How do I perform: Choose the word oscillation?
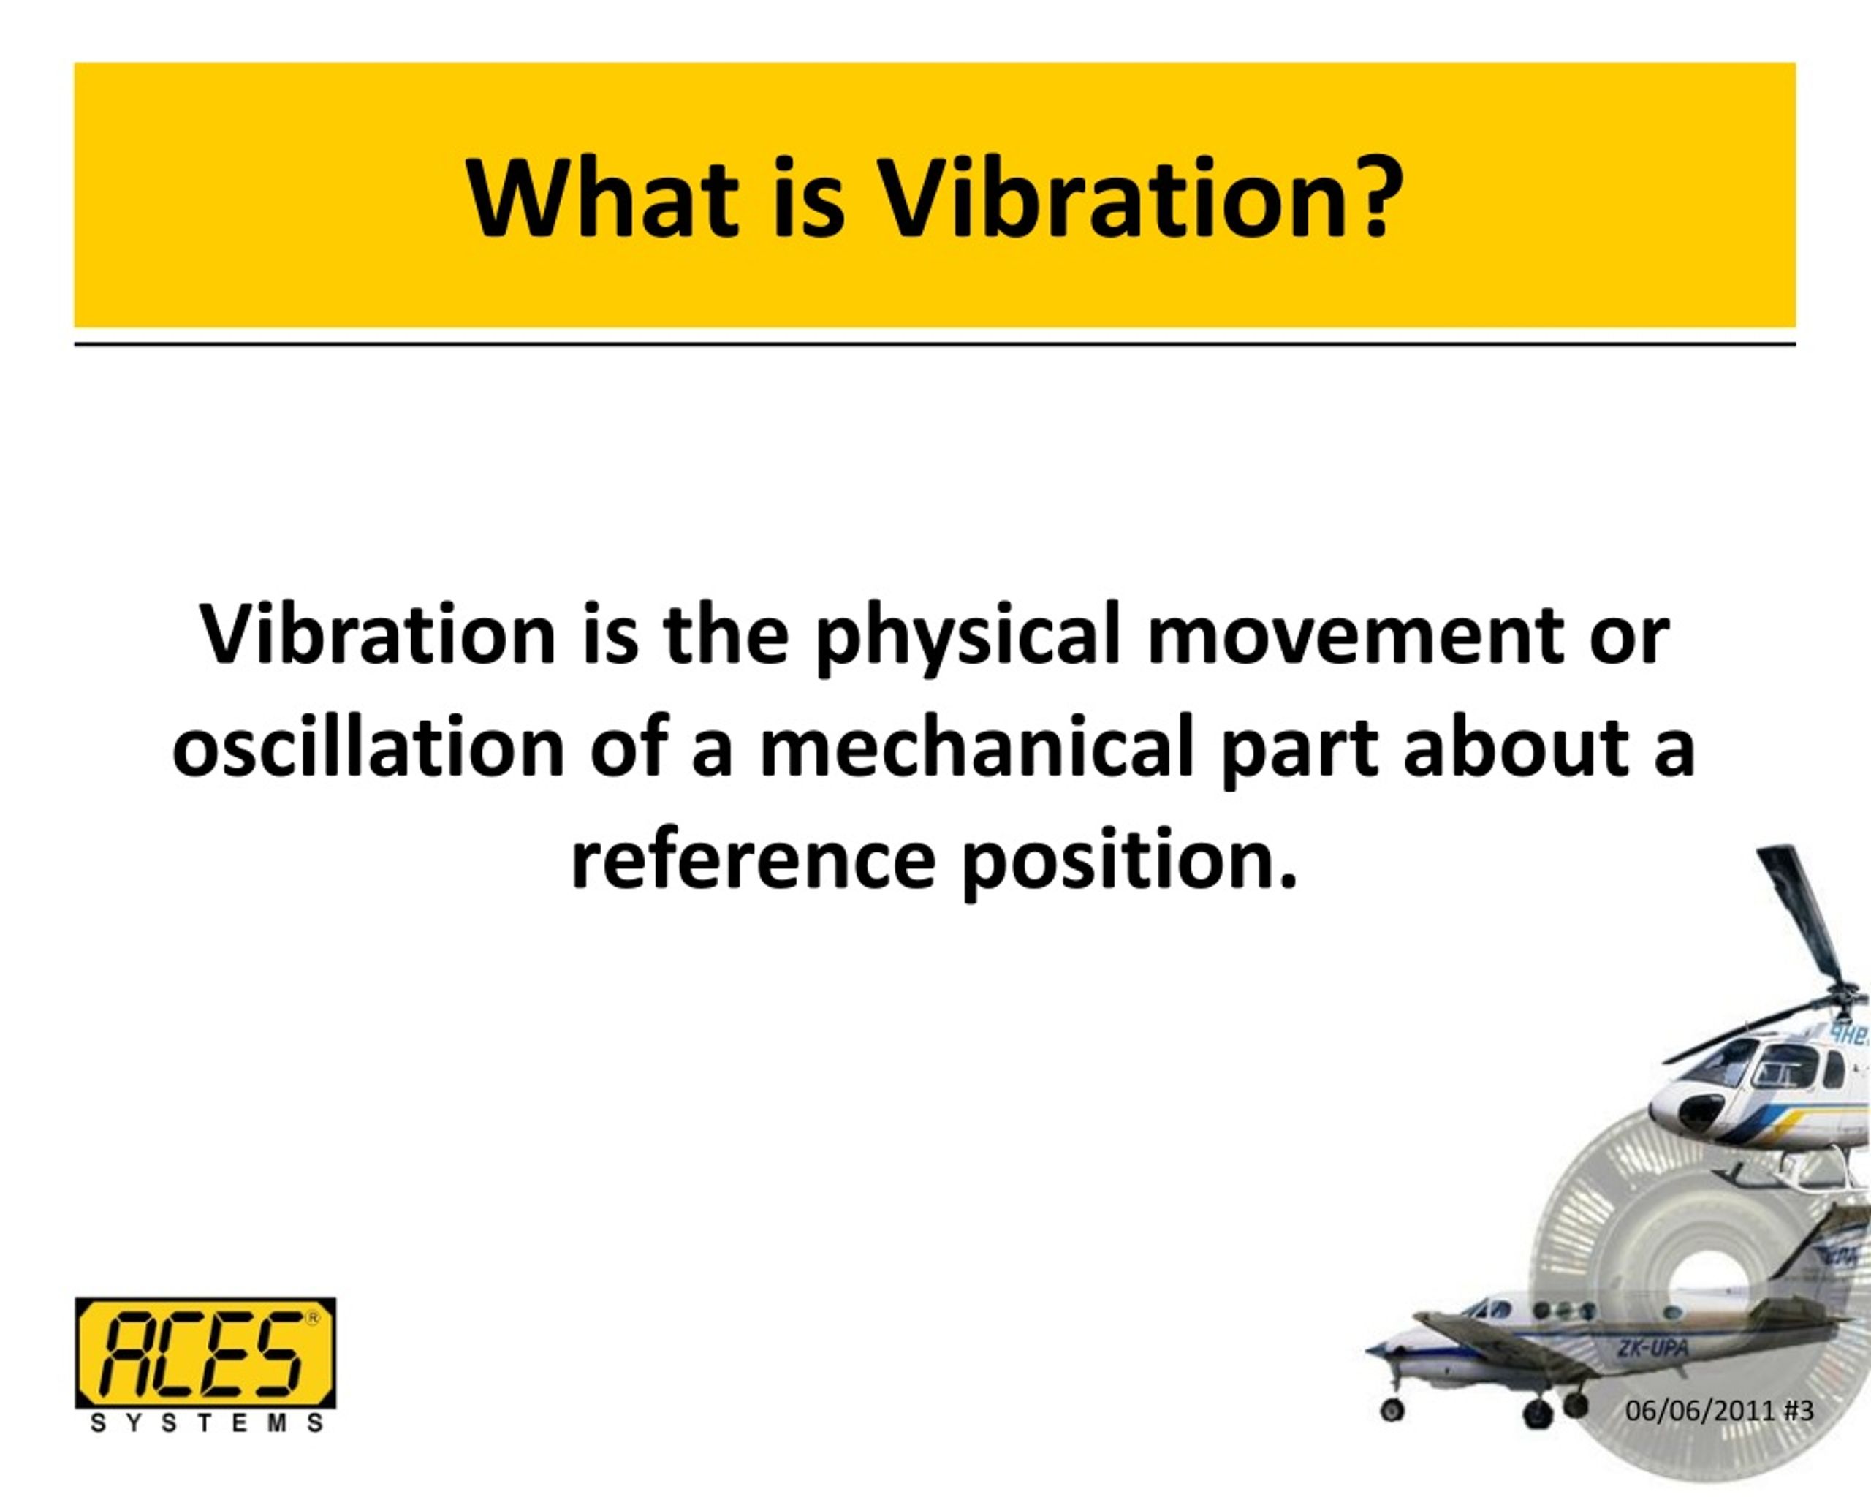(x=369, y=748)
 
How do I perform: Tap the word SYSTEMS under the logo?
(x=207, y=1447)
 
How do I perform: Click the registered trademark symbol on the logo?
(x=312, y=1318)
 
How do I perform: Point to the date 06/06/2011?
(x=1699, y=1435)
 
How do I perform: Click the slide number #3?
(x=1798, y=1435)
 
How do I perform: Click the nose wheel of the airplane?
(x=1393, y=1433)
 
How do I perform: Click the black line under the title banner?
(x=935, y=344)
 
